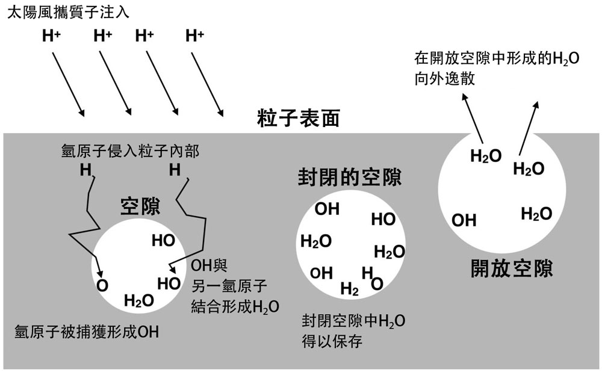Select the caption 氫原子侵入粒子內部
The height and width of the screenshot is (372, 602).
pyautogui.click(x=131, y=151)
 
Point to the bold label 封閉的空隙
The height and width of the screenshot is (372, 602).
pyautogui.click(x=350, y=177)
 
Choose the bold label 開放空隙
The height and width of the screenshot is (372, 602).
pyautogui.click(x=512, y=268)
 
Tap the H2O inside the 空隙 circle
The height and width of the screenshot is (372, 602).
pyautogui.click(x=139, y=300)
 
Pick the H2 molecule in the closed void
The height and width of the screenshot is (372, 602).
pyautogui.click(x=350, y=290)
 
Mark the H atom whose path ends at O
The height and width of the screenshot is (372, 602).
pyautogui.click(x=86, y=171)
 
